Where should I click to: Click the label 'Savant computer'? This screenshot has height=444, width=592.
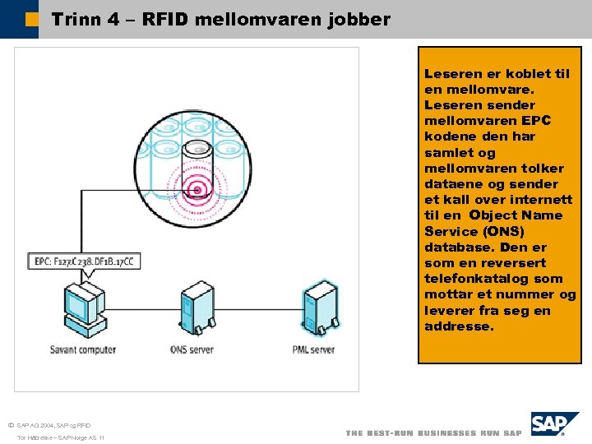pyautogui.click(x=83, y=349)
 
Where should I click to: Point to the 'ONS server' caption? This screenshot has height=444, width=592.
pyautogui.click(x=192, y=349)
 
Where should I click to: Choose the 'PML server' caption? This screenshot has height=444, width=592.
pyautogui.click(x=313, y=349)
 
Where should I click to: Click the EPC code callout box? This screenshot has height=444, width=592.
pyautogui.click(x=84, y=262)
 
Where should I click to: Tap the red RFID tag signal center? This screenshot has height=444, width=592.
pyautogui.click(x=196, y=191)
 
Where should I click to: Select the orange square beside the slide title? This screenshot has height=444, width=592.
pyautogui.click(x=31, y=19)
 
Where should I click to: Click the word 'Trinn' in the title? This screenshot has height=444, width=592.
pyautogui.click(x=76, y=19)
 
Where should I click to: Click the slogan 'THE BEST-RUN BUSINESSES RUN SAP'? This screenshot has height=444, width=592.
pyautogui.click(x=433, y=432)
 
